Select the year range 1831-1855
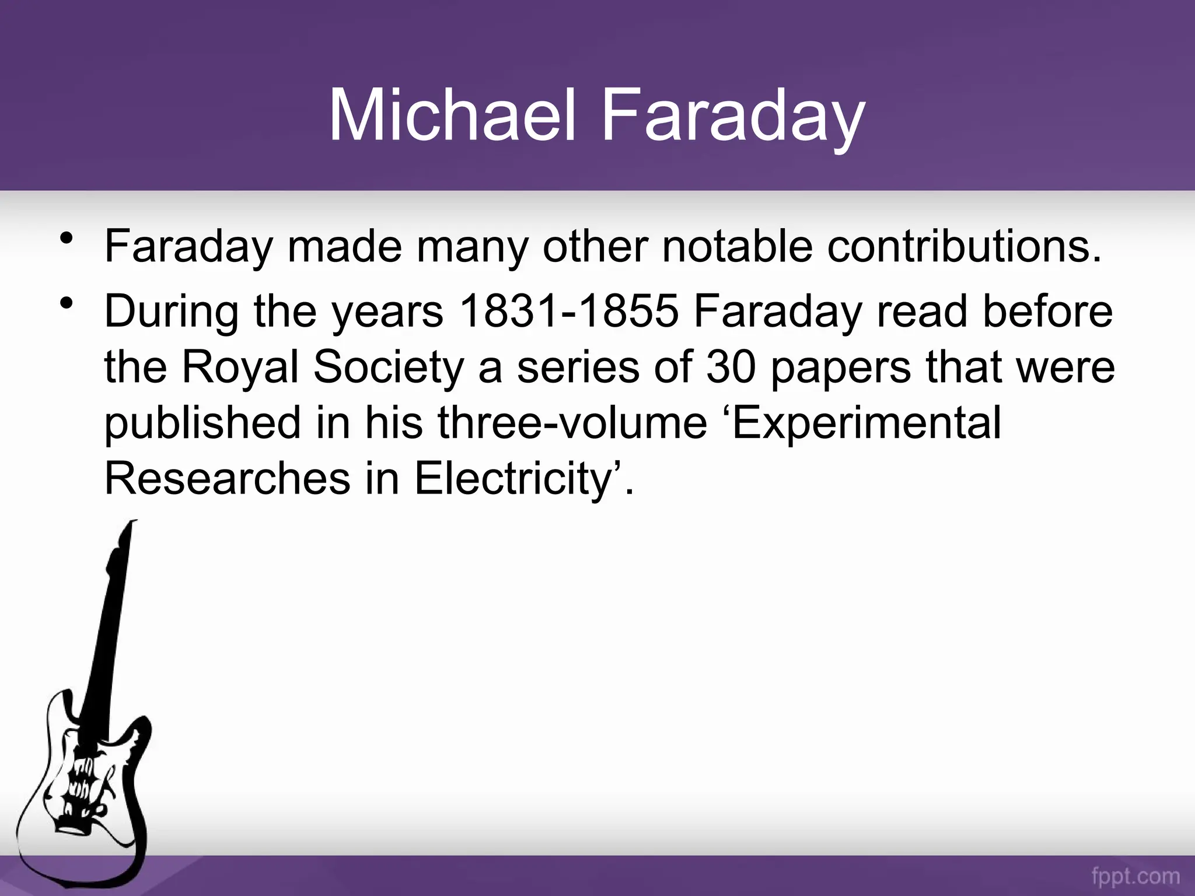[569, 310]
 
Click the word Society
[389, 368]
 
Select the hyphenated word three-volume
[572, 423]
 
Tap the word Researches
[228, 478]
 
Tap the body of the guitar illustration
[88, 787]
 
